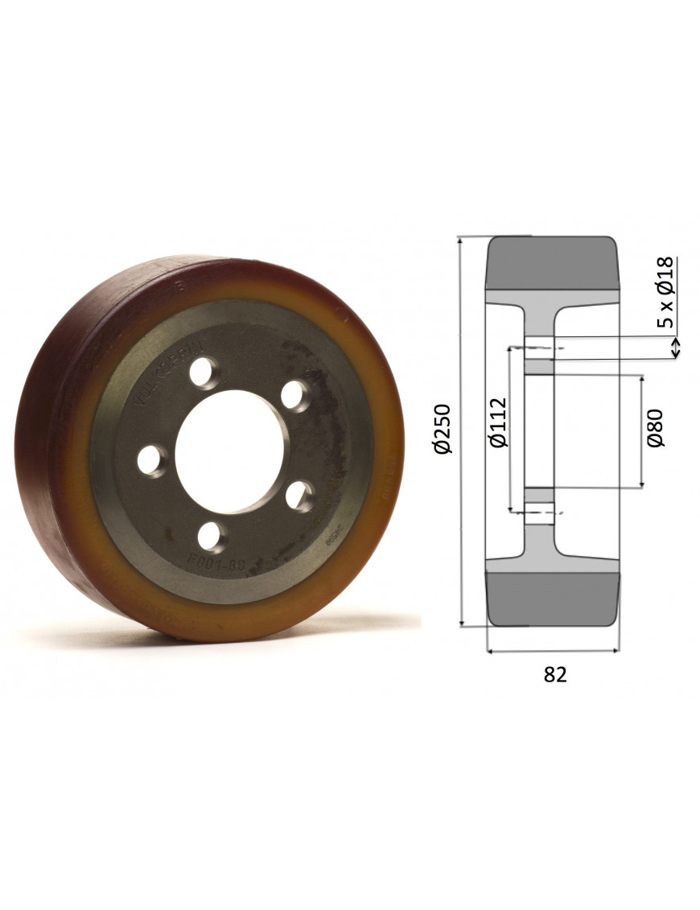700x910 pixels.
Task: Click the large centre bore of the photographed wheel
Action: (x=229, y=451)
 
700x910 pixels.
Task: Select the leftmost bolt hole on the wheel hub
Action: (x=150, y=460)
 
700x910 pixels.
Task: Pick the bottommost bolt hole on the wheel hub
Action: (x=212, y=536)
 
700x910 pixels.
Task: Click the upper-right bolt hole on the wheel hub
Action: (x=297, y=395)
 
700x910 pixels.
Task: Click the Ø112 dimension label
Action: (x=498, y=423)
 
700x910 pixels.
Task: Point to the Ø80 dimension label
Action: (x=656, y=427)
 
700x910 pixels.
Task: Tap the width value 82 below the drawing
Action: (x=555, y=675)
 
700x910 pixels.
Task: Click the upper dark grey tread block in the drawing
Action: (x=552, y=261)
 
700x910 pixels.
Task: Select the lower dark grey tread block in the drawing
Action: (x=552, y=599)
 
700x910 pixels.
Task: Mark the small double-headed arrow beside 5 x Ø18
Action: (x=676, y=348)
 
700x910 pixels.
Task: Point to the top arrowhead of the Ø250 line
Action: (x=460, y=241)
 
